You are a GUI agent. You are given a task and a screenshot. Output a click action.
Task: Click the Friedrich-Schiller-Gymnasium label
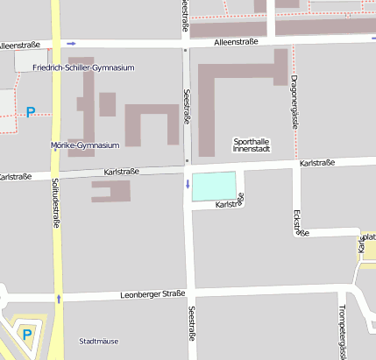pos(83,67)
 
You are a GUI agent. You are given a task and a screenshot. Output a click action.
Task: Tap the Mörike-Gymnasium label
pos(85,145)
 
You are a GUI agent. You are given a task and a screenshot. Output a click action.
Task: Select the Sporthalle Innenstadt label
pos(252,145)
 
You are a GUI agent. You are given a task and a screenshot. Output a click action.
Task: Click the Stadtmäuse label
pos(98,341)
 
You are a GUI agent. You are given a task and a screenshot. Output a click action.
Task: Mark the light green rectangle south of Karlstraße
pos(214,186)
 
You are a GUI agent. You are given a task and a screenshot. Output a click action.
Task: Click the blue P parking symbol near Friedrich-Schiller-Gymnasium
pos(31,112)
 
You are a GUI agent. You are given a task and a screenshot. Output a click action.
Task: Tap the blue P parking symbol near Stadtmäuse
pos(26,334)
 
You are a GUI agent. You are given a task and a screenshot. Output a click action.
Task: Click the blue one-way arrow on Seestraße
pos(187,183)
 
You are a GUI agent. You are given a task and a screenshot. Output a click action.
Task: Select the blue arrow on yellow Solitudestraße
pos(60,299)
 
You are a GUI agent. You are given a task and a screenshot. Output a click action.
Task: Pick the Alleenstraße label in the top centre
pos(235,41)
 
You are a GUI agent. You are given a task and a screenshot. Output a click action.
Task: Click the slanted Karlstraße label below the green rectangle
pos(229,202)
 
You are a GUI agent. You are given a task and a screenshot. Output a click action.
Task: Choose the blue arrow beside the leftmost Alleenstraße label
pos(72,43)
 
